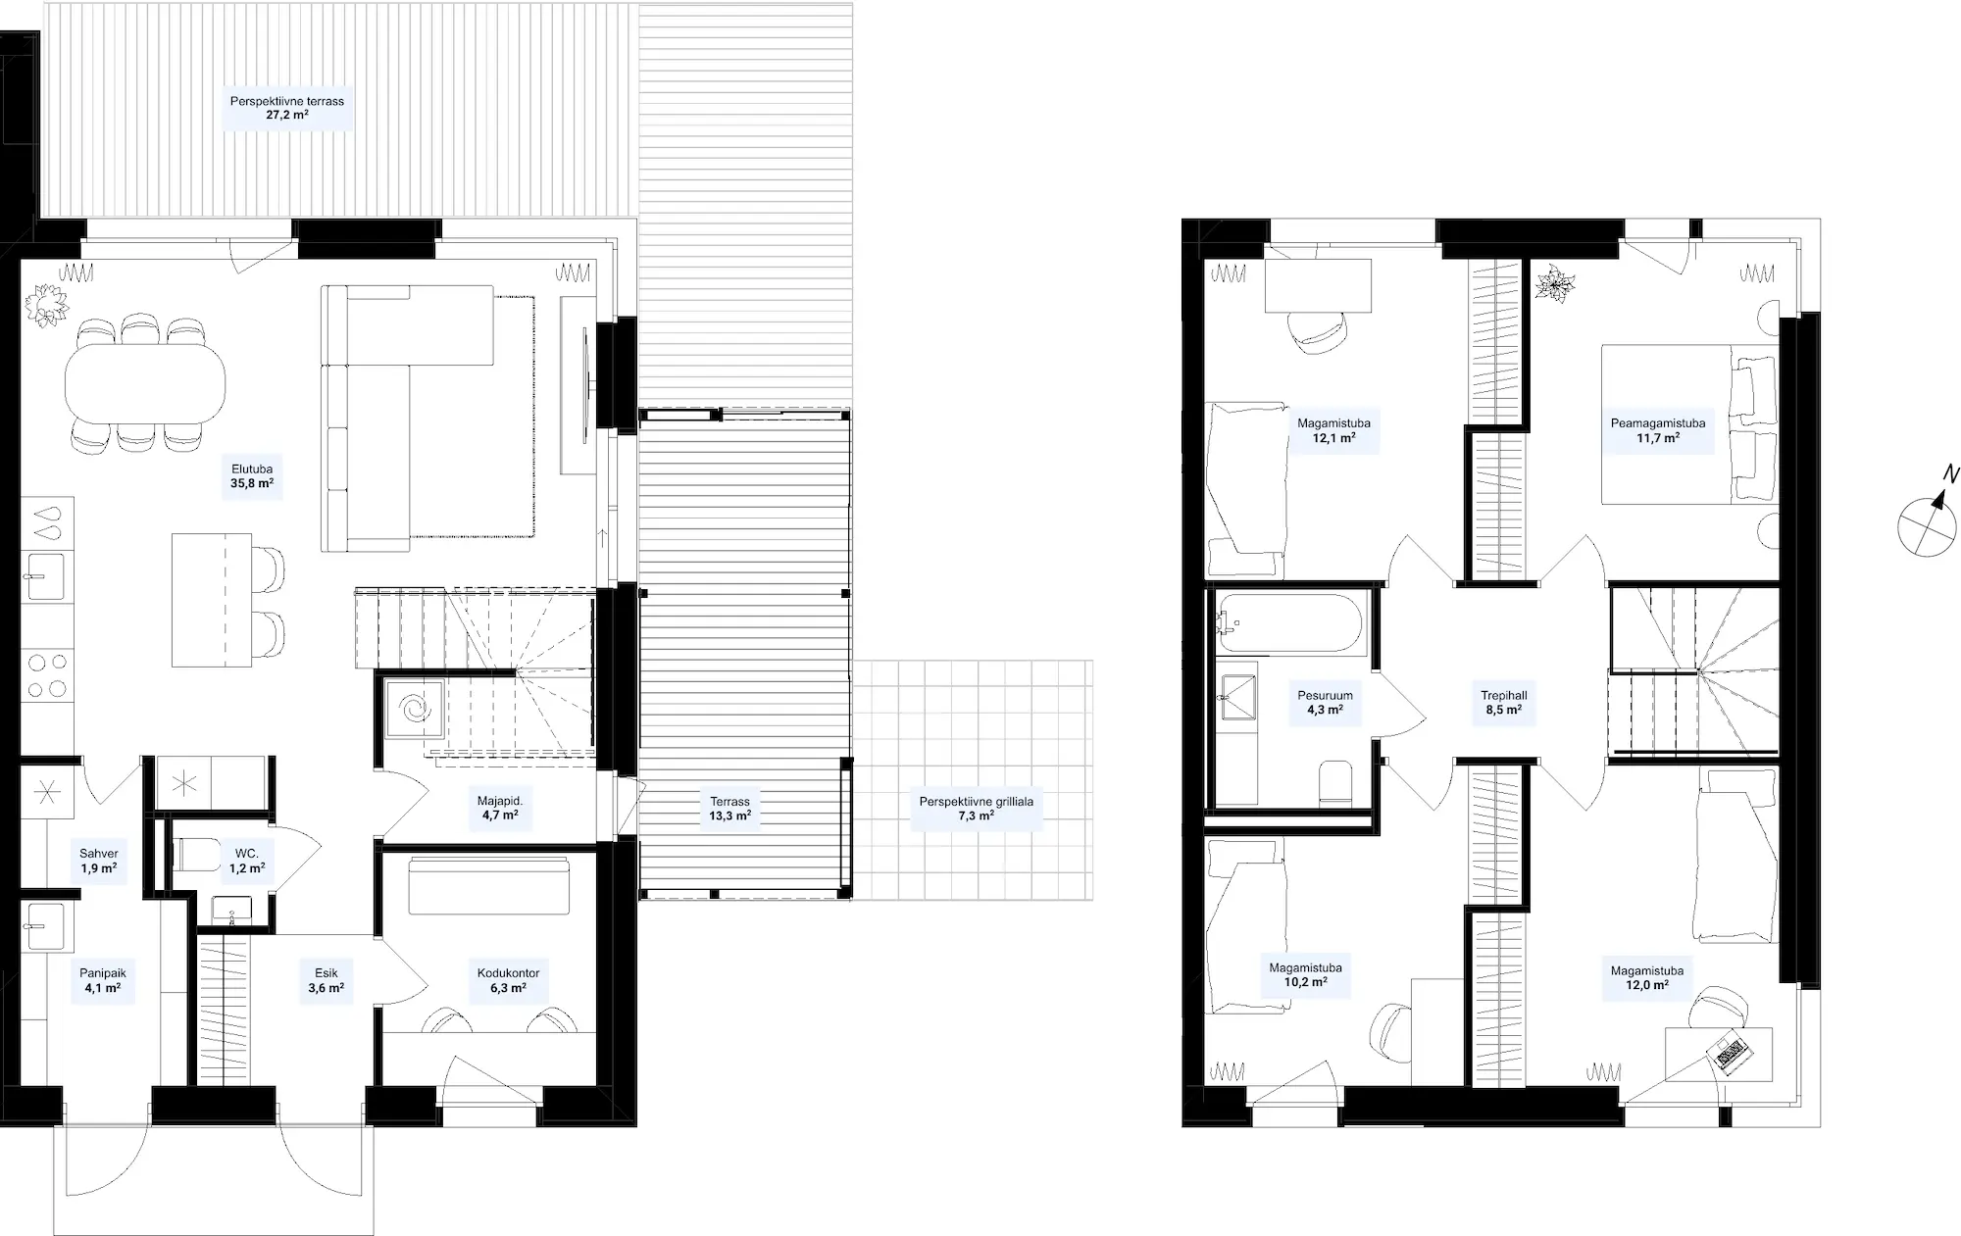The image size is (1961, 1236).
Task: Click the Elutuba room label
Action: tap(252, 470)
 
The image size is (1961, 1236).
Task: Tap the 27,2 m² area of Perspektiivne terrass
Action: tap(287, 115)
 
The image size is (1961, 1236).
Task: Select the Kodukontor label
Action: tap(508, 973)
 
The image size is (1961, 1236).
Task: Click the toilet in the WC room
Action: tap(196, 854)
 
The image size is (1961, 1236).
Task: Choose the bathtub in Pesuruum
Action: tap(1287, 623)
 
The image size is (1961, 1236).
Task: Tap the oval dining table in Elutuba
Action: tap(145, 381)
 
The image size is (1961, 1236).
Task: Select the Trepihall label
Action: tap(1503, 696)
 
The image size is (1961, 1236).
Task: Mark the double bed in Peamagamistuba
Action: tap(1689, 423)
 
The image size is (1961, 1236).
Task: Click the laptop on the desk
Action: tap(1729, 1054)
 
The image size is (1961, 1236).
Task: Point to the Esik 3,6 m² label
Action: tap(326, 981)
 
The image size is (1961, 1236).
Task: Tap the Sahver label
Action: tap(99, 854)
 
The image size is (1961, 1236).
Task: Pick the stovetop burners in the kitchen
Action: tap(47, 675)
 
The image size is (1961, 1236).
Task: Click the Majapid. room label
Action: tap(500, 801)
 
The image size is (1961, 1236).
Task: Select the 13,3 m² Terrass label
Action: tap(730, 809)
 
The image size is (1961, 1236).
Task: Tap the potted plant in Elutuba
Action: tap(46, 304)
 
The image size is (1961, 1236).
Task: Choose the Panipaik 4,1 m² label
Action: tap(103, 981)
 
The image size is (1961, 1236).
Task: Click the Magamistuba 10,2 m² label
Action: tap(1305, 974)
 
